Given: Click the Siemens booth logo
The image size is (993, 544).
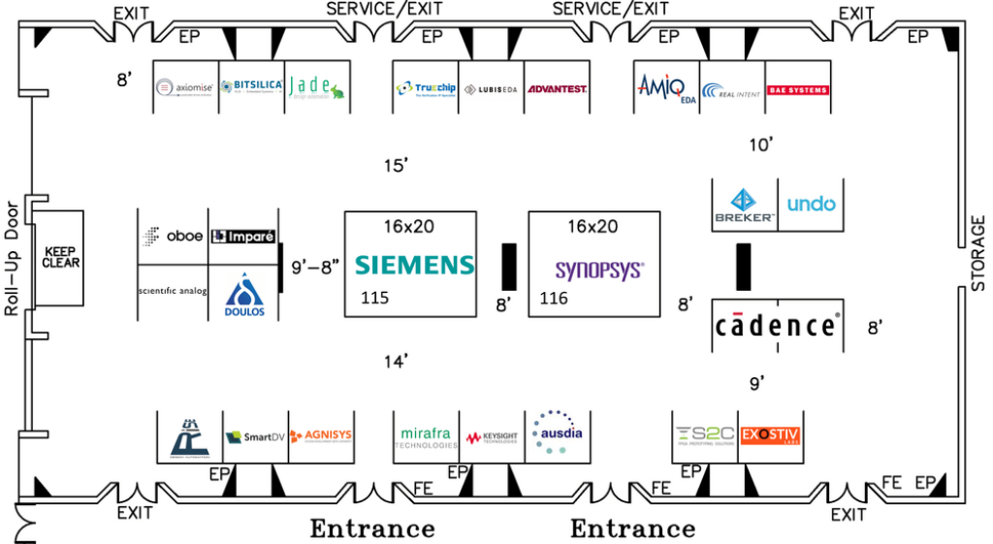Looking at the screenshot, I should [x=414, y=265].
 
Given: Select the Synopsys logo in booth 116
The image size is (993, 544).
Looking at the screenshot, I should [x=598, y=270].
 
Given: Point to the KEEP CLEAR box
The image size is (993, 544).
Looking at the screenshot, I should [x=61, y=255].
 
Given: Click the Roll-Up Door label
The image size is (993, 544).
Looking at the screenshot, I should [x=12, y=262].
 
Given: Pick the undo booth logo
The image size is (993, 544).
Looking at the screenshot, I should [x=811, y=204].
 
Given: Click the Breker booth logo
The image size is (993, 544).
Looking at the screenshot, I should [x=745, y=205].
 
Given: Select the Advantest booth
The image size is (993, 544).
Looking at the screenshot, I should [x=556, y=89].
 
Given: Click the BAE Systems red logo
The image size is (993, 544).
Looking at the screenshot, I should [x=798, y=90].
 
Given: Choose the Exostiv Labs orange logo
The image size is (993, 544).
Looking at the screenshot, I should [x=771, y=433].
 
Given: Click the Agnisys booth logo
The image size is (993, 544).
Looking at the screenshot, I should [x=319, y=435].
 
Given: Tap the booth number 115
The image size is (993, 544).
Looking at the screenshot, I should [x=374, y=298].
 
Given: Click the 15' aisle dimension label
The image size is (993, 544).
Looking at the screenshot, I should [x=396, y=166].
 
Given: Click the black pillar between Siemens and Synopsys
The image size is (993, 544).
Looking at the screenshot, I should [x=507, y=266].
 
